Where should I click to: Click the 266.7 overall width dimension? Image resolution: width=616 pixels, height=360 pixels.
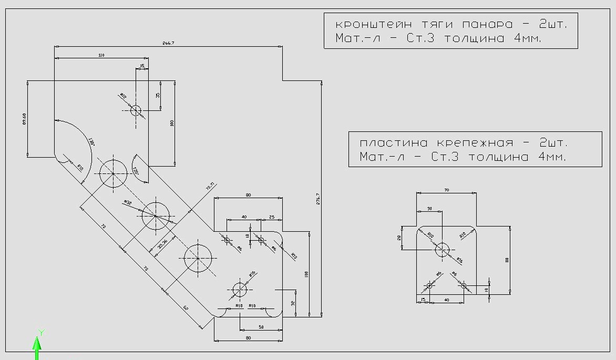(x=169, y=43)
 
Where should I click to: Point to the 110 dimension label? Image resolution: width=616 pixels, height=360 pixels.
(x=100, y=55)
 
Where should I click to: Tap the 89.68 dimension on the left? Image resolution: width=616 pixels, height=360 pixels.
(x=24, y=118)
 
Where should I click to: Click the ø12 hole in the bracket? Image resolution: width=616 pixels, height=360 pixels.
(x=136, y=110)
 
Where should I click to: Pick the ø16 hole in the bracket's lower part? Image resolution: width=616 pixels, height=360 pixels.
(x=240, y=290)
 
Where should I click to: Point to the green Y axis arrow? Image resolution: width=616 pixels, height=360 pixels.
(x=37, y=344)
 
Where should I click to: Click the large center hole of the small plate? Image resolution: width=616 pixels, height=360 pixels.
(x=443, y=250)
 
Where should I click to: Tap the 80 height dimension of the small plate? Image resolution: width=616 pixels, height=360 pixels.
(x=508, y=259)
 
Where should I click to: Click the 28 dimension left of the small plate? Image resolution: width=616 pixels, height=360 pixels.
(x=399, y=238)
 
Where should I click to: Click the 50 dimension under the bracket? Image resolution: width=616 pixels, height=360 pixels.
(x=261, y=327)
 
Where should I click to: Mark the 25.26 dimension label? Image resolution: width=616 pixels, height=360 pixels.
(x=163, y=244)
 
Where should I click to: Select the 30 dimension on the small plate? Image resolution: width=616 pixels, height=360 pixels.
(x=429, y=209)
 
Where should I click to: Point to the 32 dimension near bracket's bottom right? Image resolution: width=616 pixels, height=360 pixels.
(x=293, y=303)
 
